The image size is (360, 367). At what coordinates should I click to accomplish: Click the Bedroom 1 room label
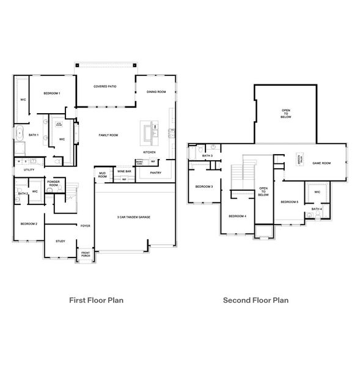(x=51, y=93)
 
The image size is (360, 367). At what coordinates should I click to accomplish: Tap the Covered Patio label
(x=105, y=87)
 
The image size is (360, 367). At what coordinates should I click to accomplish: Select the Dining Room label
(x=156, y=92)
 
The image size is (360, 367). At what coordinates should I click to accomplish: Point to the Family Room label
(x=109, y=135)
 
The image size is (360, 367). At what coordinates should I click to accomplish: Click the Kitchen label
(x=149, y=152)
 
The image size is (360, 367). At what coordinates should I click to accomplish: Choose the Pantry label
(x=156, y=172)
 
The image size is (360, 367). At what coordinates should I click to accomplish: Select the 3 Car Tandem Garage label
(x=133, y=217)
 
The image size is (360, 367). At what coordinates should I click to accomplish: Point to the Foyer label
(x=86, y=226)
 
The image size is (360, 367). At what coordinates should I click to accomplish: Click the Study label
(x=60, y=241)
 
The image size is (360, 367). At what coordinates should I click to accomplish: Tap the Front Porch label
(x=85, y=254)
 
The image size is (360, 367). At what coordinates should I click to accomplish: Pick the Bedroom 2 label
(x=29, y=224)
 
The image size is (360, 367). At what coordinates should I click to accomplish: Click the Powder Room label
(x=53, y=183)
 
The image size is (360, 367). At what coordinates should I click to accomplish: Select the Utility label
(x=29, y=169)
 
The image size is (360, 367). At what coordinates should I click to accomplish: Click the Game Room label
(x=321, y=163)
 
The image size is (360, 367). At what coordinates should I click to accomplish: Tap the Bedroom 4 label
(x=237, y=216)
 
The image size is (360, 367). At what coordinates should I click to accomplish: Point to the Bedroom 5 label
(x=289, y=202)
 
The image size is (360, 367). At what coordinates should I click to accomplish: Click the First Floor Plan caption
(x=100, y=300)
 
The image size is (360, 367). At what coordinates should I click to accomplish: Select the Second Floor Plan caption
(x=255, y=300)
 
